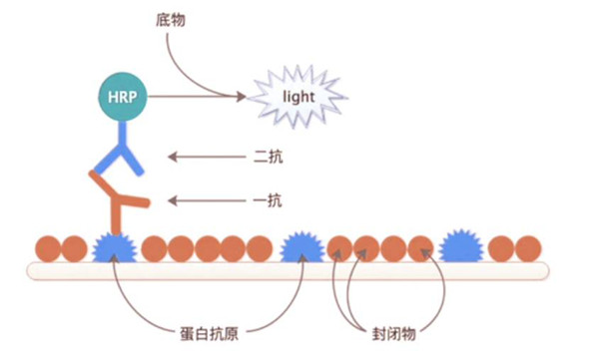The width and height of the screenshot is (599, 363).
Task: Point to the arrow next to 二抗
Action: pyautogui.click(x=205, y=157)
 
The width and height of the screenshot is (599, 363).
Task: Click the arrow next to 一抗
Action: pyautogui.click(x=205, y=200)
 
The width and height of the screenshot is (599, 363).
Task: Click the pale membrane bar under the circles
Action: pyautogui.click(x=290, y=269)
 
